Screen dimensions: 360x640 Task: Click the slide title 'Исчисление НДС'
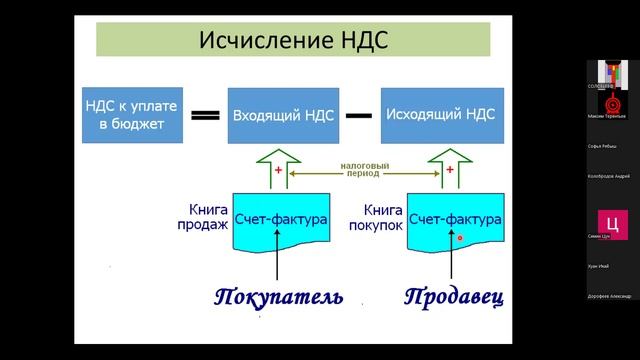pos(293,41)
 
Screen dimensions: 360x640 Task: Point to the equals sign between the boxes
pos(205,116)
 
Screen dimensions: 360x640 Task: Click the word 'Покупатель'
pos(278,297)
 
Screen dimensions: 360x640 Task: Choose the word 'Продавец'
pos(454,297)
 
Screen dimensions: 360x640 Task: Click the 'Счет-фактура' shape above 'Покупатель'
pos(281,221)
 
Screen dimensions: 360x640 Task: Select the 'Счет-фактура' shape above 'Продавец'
pos(455,221)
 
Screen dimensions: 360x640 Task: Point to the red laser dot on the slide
pos(459,238)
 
